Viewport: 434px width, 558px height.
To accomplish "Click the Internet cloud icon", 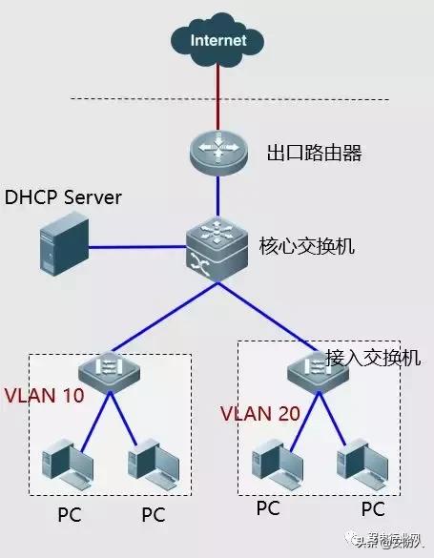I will coord(217,40).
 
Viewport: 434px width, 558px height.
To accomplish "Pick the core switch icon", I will coord(218,245).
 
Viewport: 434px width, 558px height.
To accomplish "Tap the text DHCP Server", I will coord(64,197).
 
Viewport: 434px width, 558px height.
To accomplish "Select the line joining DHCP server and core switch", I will coord(138,245).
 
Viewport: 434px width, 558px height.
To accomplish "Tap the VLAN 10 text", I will coord(44,394).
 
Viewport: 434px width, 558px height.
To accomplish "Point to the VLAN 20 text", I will coord(259,414).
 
